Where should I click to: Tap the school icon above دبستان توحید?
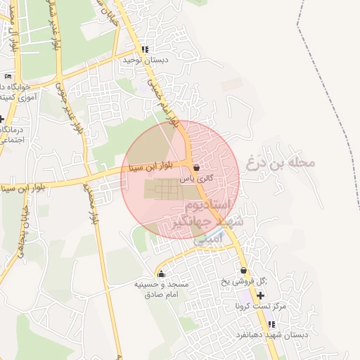coord(144,50)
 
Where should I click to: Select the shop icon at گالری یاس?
coord(195,168)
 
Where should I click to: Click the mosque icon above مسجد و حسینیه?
coord(162,274)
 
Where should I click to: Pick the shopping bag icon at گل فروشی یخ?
coord(243,271)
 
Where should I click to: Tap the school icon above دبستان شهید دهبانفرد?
coord(271,324)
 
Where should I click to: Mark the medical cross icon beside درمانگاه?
coord(2,119)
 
